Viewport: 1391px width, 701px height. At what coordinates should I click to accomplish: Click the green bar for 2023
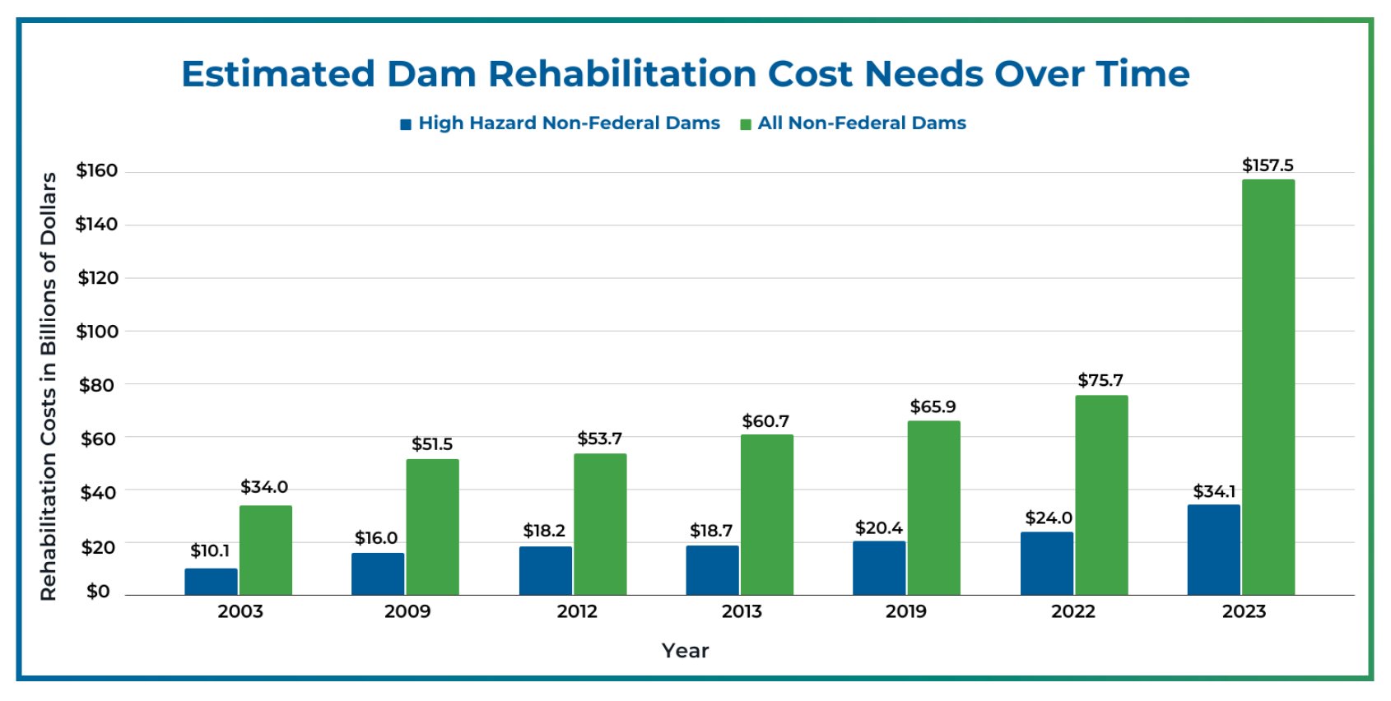pyautogui.click(x=1268, y=387)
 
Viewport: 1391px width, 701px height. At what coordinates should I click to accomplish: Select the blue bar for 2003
pyautogui.click(x=211, y=582)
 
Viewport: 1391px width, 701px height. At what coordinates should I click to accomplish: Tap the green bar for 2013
pyautogui.click(x=766, y=514)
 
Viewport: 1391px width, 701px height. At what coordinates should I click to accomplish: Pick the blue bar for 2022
pyautogui.click(x=1046, y=564)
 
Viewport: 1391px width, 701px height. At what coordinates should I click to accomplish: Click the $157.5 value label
pyautogui.click(x=1268, y=165)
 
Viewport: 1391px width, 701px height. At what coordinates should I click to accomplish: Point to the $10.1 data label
pyautogui.click(x=210, y=550)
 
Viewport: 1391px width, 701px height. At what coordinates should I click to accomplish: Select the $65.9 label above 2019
pyautogui.click(x=933, y=406)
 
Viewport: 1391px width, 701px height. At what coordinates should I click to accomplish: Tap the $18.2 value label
pyautogui.click(x=544, y=531)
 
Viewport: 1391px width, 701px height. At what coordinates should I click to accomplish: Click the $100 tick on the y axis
pyautogui.click(x=97, y=332)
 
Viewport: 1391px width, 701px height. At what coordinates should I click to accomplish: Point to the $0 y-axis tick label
pyautogui.click(x=98, y=592)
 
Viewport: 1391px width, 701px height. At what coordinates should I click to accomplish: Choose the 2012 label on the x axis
pyautogui.click(x=577, y=611)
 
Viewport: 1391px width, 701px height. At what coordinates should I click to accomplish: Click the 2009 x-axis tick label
pyautogui.click(x=407, y=611)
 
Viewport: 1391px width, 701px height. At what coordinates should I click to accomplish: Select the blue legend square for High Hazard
pyautogui.click(x=405, y=124)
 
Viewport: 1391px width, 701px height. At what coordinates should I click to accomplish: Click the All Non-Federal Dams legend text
pyautogui.click(x=862, y=123)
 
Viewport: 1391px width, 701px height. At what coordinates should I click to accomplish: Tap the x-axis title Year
pyautogui.click(x=685, y=651)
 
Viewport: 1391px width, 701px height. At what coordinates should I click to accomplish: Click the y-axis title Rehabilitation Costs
pyautogui.click(x=49, y=386)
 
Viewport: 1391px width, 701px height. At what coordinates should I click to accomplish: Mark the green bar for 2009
pyautogui.click(x=432, y=527)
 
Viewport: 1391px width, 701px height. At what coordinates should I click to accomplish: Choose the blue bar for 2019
pyautogui.click(x=879, y=568)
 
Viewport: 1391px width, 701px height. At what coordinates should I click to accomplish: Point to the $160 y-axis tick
pyautogui.click(x=97, y=170)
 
